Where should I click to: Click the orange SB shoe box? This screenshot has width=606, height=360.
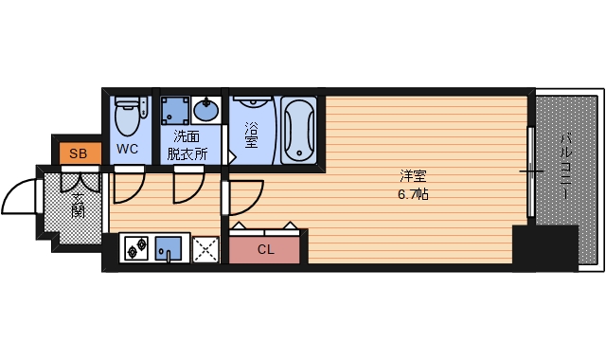pyautogui.click(x=78, y=153)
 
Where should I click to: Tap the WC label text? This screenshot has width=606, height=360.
pyautogui.click(x=128, y=150)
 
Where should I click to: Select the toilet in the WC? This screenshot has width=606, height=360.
pyautogui.click(x=127, y=118)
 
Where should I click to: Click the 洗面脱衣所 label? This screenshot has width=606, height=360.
pyautogui.click(x=187, y=144)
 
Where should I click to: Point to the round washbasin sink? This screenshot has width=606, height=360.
pyautogui.click(x=208, y=112)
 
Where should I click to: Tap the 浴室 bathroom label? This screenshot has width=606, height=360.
pyautogui.click(x=251, y=135)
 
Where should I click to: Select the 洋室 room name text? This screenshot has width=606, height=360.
pyautogui.click(x=413, y=176)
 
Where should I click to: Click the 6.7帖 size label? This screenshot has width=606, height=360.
pyautogui.click(x=414, y=194)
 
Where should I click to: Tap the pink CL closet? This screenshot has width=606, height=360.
pyautogui.click(x=266, y=250)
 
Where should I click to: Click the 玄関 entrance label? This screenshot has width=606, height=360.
pyautogui.click(x=78, y=204)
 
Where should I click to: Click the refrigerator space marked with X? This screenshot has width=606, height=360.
pyautogui.click(x=205, y=248)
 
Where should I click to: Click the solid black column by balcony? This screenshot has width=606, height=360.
pyautogui.click(x=544, y=248)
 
